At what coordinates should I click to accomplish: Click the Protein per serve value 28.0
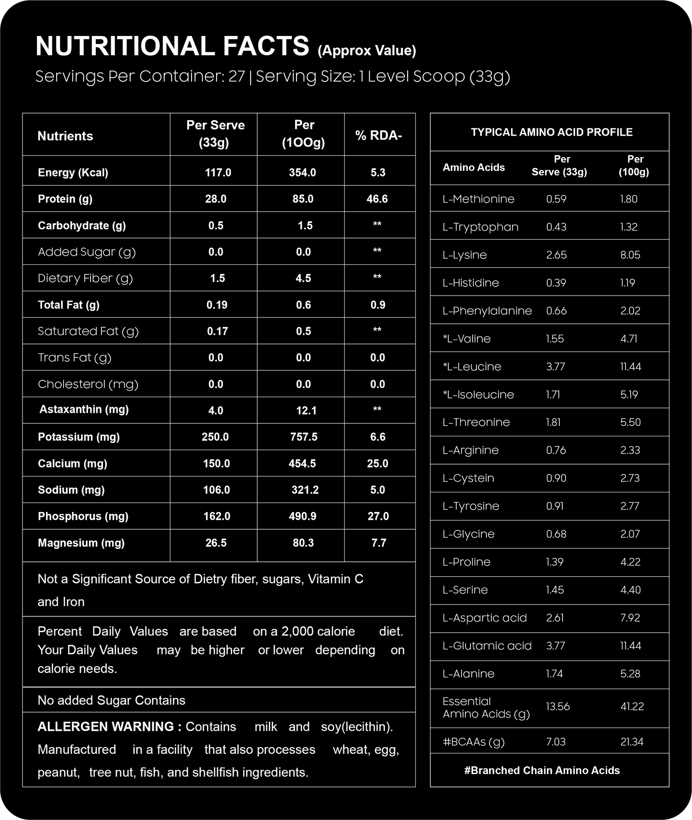[x=216, y=199]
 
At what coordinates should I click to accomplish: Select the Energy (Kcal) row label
[x=73, y=172]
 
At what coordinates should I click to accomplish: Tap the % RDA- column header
[x=378, y=136]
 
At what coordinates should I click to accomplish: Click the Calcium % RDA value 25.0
[x=377, y=463]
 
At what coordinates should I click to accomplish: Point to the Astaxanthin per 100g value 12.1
[x=306, y=410]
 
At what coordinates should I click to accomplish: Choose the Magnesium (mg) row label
[x=81, y=543]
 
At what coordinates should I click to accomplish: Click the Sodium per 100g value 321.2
[x=305, y=490]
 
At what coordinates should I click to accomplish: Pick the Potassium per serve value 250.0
[x=215, y=437]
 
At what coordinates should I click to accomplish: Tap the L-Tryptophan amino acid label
[x=480, y=227]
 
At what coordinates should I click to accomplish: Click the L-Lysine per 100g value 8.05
[x=630, y=255]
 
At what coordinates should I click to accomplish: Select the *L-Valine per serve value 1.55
[x=555, y=339]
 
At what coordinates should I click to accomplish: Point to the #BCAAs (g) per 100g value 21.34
[x=631, y=742]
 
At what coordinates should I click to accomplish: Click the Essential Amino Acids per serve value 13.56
[x=557, y=706]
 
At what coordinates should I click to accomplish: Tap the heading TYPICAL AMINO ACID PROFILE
[x=552, y=132]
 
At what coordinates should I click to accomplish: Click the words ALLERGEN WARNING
[x=109, y=727]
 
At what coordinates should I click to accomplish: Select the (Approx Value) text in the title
[x=367, y=51]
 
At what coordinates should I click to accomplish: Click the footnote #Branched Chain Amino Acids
[x=542, y=770]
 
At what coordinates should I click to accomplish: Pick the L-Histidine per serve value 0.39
[x=556, y=283]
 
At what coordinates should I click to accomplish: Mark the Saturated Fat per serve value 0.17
[x=217, y=331]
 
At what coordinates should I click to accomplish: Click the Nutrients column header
[x=65, y=136]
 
